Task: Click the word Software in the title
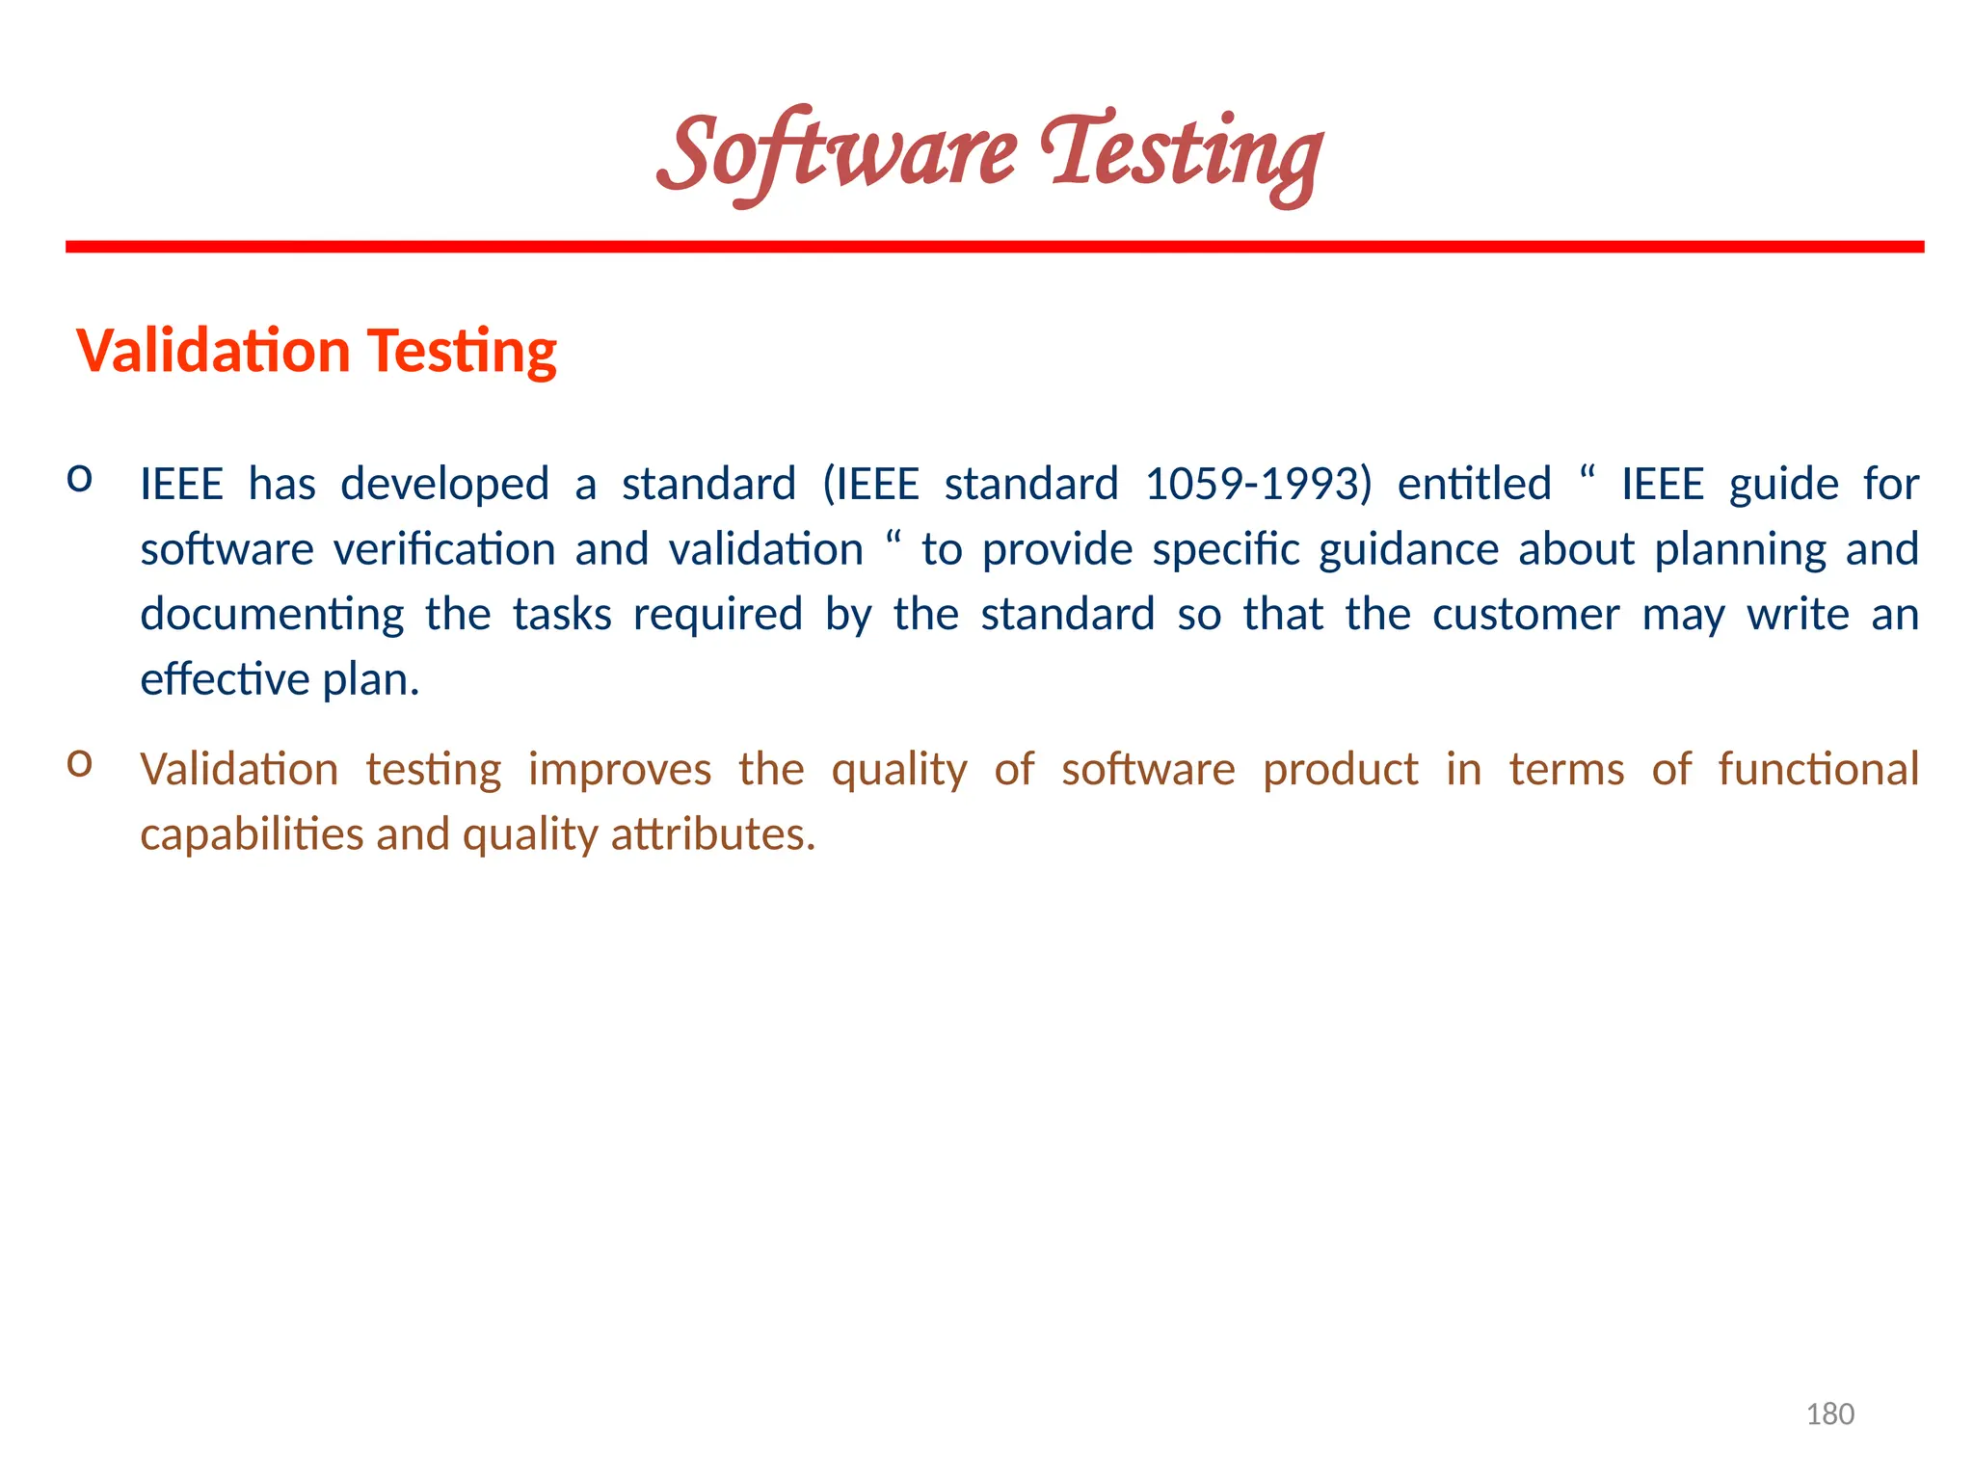(837, 154)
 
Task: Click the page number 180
(1829, 1414)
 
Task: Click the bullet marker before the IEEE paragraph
(79, 478)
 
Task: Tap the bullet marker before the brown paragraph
(79, 763)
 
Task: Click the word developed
(444, 484)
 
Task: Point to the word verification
(444, 550)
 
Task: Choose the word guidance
(1408, 550)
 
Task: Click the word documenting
(272, 615)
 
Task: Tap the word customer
(1526, 615)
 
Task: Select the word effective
(225, 679)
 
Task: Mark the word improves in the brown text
(620, 770)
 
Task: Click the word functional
(1818, 770)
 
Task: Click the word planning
(1740, 550)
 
